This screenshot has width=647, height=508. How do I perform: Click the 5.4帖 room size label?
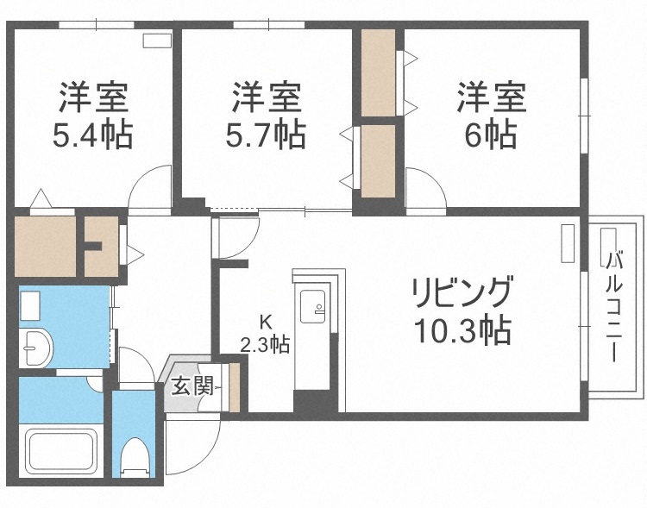click(x=94, y=135)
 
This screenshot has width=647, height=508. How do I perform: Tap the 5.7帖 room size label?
click(x=267, y=135)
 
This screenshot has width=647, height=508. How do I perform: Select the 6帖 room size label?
click(x=491, y=135)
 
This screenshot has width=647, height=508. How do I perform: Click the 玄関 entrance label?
click(x=191, y=386)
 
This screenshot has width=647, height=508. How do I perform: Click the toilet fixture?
click(x=134, y=457)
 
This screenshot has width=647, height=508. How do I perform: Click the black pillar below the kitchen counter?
click(x=311, y=402)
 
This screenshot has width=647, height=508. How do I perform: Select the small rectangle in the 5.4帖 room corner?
click(x=156, y=40)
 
